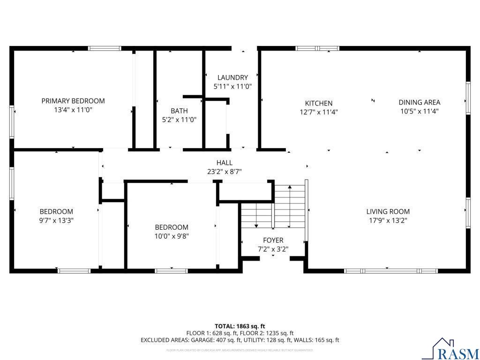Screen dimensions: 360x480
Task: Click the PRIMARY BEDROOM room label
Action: point(73,101)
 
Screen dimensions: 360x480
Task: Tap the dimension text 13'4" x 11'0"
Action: point(73,110)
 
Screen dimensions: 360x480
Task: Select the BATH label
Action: point(179,111)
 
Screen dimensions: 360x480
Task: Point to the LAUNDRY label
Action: point(232,77)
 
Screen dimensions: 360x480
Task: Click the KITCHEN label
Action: point(319,103)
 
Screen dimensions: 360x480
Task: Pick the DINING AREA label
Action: point(420,102)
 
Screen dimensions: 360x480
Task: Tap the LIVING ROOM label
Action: point(388,211)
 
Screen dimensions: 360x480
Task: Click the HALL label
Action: point(225,163)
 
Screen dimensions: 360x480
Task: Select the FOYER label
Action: point(273,240)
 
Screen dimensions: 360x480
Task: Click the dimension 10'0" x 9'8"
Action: point(172,236)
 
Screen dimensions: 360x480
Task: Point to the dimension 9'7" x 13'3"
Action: point(56,220)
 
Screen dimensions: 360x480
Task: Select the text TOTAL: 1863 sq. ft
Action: point(240,326)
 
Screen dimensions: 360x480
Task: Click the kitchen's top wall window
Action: point(317,48)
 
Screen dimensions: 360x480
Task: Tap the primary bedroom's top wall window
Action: point(105,48)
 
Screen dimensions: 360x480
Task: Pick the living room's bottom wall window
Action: point(390,270)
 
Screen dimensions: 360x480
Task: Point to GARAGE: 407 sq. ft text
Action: point(211,340)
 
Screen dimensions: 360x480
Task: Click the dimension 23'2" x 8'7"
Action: point(225,172)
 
